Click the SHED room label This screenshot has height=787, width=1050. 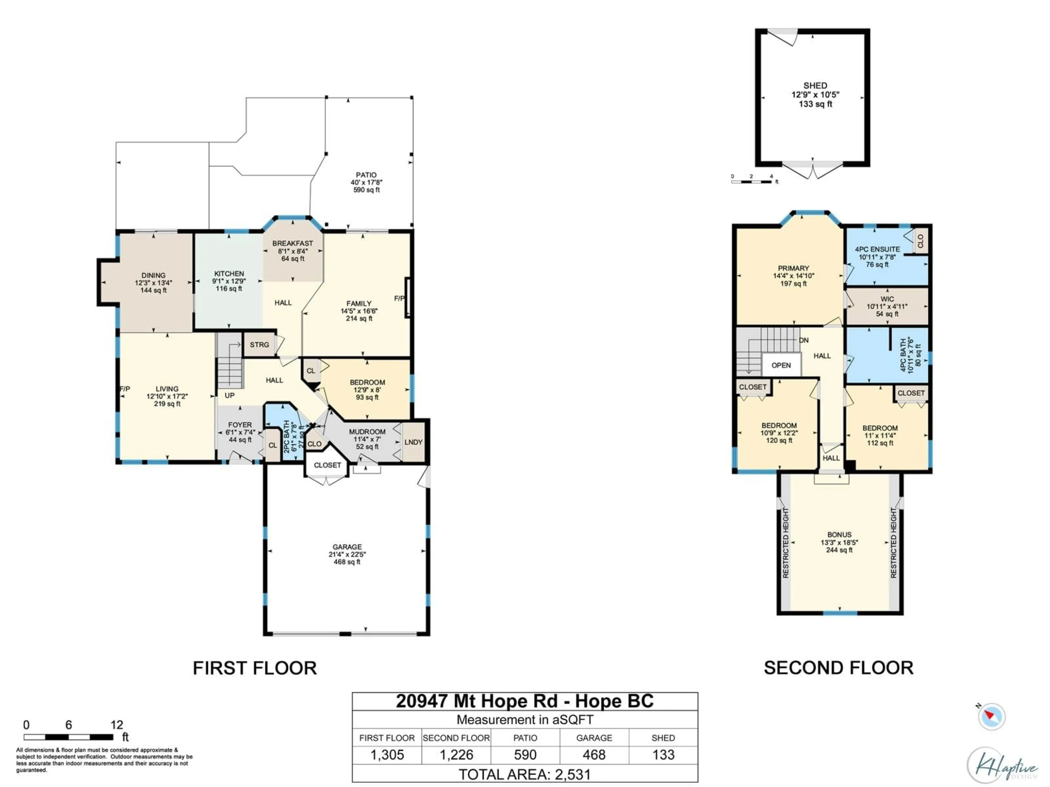(x=815, y=86)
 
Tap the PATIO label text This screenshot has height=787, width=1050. (x=366, y=175)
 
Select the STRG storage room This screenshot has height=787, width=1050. (x=259, y=345)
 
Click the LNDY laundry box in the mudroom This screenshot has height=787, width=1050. (x=413, y=442)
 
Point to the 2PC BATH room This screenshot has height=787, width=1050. (x=287, y=436)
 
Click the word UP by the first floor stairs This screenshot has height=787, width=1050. (x=230, y=395)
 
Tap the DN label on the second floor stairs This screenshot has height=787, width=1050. (x=804, y=340)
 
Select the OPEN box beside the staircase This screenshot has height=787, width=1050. (x=781, y=365)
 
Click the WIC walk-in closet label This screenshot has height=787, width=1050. (x=887, y=299)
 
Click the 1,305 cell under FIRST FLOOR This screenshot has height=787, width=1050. (x=387, y=755)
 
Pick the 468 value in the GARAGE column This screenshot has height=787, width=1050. (x=594, y=755)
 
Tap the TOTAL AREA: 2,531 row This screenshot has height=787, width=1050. (x=524, y=775)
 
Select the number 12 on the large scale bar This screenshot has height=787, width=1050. (x=117, y=725)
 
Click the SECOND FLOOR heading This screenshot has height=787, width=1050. (x=838, y=668)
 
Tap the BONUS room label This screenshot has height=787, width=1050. (x=839, y=535)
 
